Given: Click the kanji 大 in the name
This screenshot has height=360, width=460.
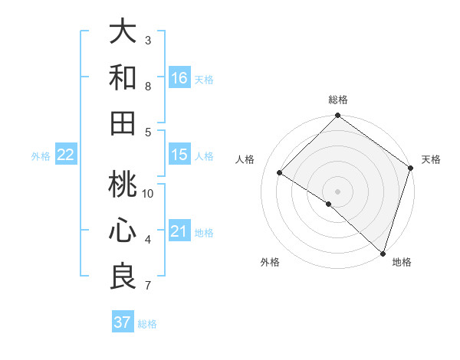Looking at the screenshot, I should click(x=123, y=32).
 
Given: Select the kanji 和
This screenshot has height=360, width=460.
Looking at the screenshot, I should click(x=123, y=78).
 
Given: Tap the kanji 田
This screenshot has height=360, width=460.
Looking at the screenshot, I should click(x=123, y=123).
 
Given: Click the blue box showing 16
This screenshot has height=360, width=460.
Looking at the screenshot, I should click(x=179, y=78).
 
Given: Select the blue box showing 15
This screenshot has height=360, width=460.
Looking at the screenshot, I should click(x=179, y=155).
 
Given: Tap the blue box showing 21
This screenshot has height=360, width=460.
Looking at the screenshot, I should click(x=179, y=231).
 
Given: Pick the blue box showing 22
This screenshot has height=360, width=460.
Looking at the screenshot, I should click(x=66, y=155).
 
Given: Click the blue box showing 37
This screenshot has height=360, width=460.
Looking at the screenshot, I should click(x=122, y=322).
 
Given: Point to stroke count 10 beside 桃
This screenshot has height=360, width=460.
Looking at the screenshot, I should click(x=148, y=194).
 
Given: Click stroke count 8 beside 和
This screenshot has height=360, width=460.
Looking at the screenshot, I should click(x=148, y=86).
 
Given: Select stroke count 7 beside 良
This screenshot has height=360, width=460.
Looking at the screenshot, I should click(x=148, y=286).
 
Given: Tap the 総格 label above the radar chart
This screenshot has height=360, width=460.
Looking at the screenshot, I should click(x=337, y=100).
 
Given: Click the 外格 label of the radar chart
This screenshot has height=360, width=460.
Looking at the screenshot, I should click(x=270, y=262).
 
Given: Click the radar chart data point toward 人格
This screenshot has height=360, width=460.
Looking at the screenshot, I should click(x=280, y=173).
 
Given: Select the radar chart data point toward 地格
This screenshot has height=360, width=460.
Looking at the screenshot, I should click(x=383, y=253).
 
